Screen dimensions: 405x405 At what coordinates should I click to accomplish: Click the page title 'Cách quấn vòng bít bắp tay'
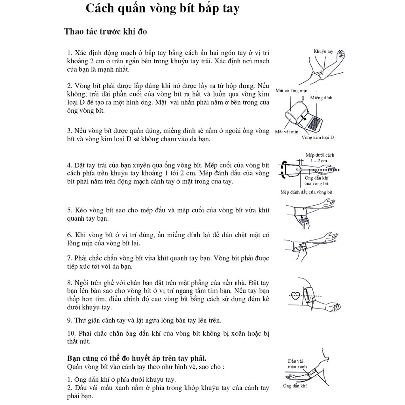point(163,9)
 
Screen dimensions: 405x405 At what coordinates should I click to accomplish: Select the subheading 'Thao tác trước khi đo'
point(106,32)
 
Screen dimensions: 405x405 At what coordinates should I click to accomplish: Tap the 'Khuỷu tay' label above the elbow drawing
point(323,51)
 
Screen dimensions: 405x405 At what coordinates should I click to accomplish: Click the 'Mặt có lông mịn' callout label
point(291,91)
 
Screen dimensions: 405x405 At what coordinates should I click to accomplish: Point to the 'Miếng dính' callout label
point(321,98)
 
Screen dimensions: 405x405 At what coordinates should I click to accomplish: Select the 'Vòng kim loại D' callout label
point(318,137)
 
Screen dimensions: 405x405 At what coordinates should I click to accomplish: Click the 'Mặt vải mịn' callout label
point(286,132)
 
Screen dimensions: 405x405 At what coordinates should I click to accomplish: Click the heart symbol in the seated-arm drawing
point(295,296)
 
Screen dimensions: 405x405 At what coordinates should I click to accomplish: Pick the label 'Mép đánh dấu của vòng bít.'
point(307,192)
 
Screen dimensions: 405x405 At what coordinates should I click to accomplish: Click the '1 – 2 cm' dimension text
point(319,161)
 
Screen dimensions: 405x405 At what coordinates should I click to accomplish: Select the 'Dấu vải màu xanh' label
point(297,364)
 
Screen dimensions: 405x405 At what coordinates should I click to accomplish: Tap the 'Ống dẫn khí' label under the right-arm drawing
point(295,386)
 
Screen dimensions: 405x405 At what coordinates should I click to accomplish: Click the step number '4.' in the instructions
point(70,165)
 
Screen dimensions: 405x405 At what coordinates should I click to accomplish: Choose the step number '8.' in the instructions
point(70,283)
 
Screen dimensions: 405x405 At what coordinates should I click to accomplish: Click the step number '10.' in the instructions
point(71,333)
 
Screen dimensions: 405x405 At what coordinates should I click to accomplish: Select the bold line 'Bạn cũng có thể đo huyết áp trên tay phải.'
point(136,358)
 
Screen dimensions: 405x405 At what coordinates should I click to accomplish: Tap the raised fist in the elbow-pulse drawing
point(341,54)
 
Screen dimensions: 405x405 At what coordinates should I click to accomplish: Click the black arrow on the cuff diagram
point(304,117)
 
